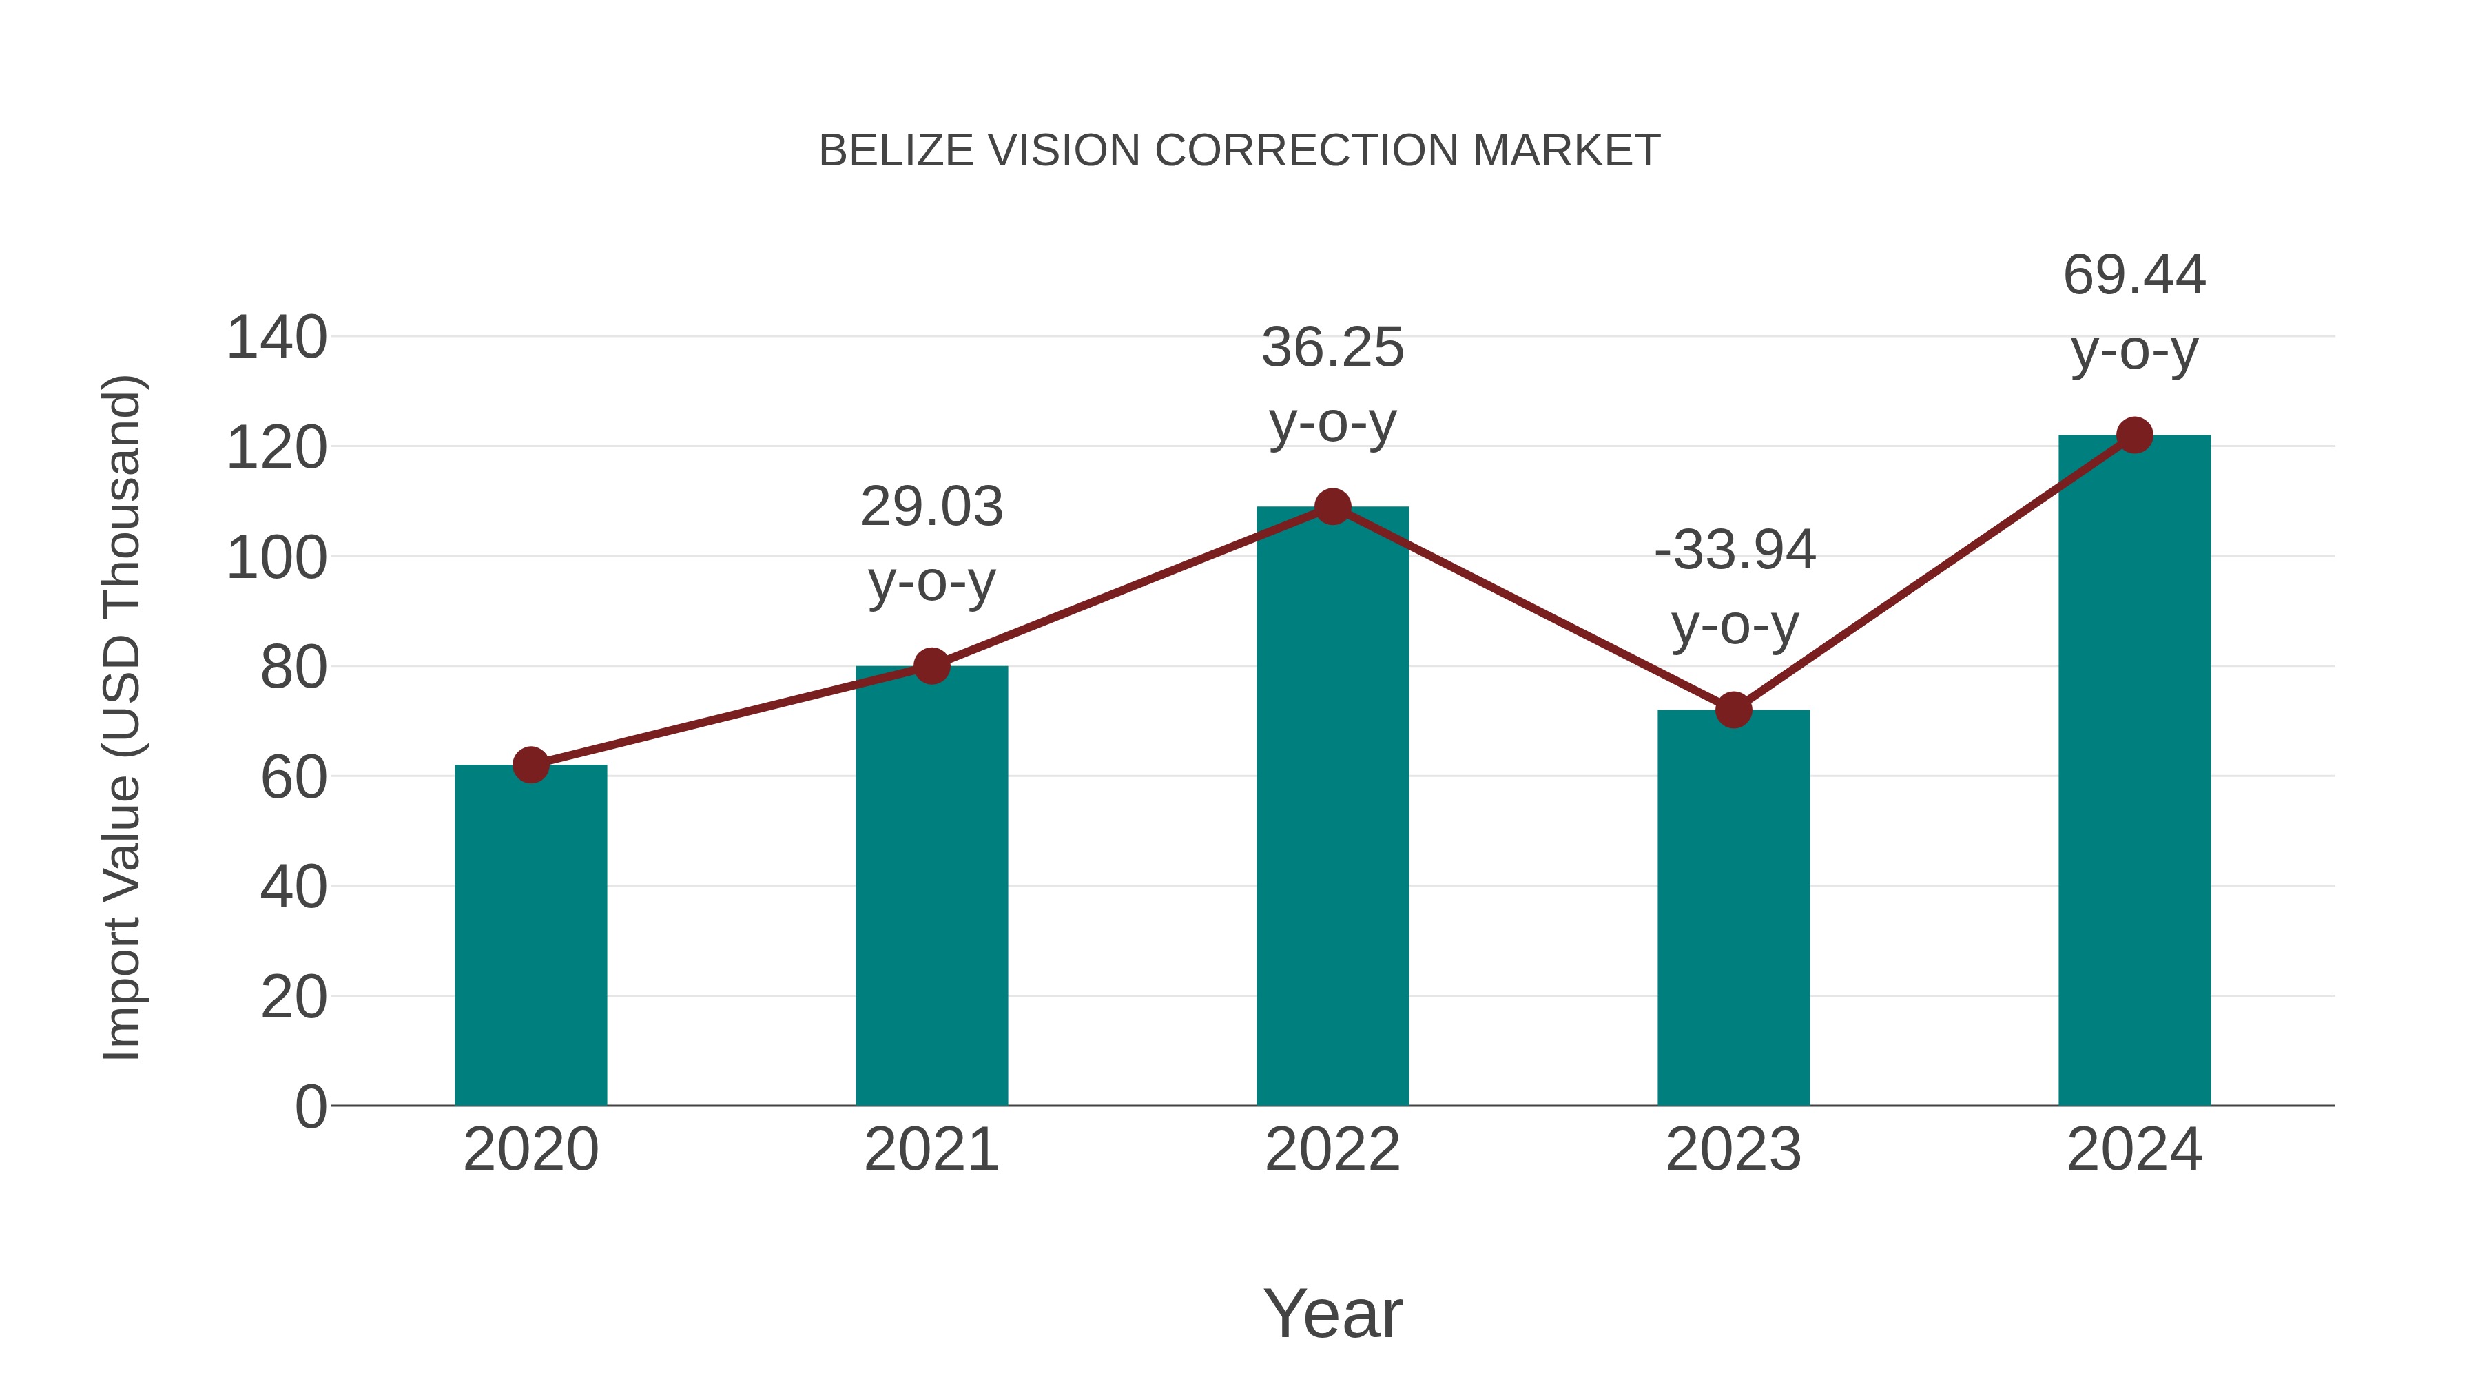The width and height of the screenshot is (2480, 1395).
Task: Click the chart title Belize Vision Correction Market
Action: click(1239, 151)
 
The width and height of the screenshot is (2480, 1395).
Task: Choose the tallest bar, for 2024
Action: click(2134, 770)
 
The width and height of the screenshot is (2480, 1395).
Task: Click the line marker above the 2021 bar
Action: click(931, 665)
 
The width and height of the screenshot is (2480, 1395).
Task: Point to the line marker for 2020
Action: click(530, 765)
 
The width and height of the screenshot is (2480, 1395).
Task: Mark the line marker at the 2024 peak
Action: click(2134, 435)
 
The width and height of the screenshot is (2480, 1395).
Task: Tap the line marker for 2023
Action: click(1733, 710)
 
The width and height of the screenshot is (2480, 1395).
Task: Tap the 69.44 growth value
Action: click(2134, 276)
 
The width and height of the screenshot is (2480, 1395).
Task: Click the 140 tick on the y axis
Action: click(276, 339)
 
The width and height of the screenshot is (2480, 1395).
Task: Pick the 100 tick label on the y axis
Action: click(276, 559)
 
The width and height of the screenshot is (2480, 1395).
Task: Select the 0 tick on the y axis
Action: click(310, 1107)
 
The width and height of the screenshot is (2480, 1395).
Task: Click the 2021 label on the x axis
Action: click(931, 1150)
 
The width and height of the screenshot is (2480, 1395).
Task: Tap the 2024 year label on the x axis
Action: click(2134, 1150)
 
